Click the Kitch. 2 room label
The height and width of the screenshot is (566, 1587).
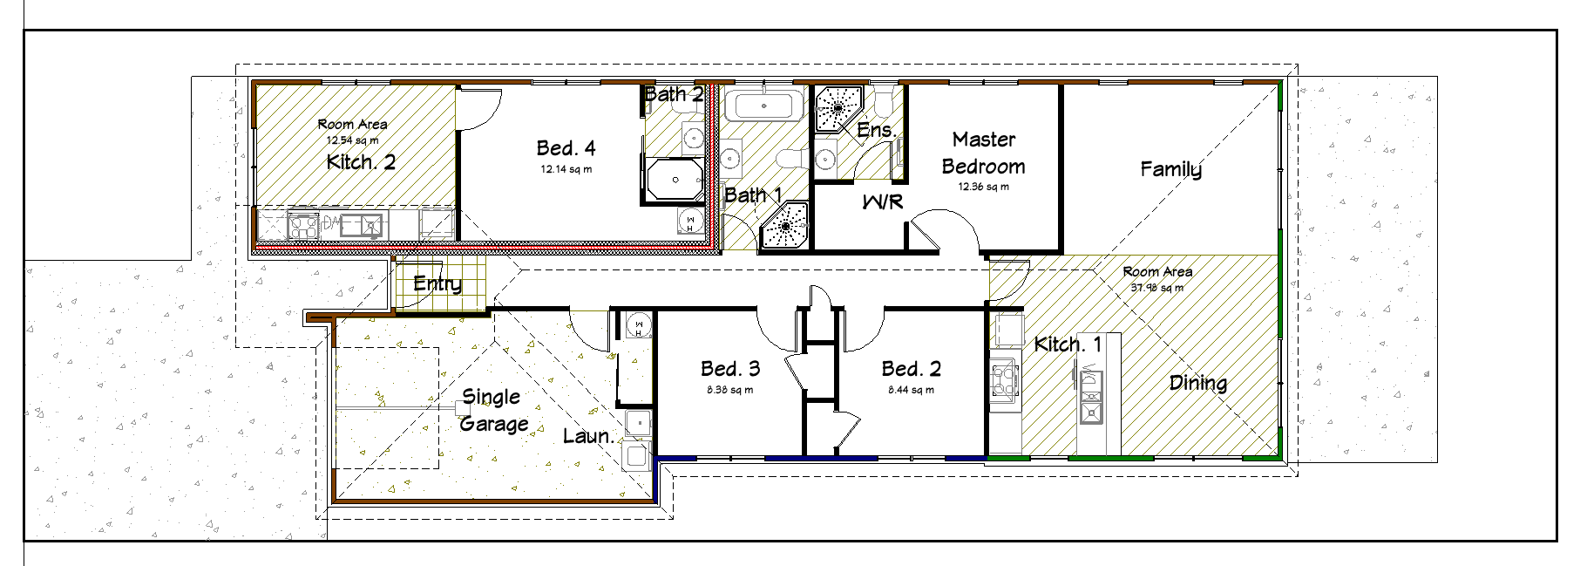(x=361, y=162)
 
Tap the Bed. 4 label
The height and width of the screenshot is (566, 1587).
(x=566, y=148)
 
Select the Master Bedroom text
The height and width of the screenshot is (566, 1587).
(x=984, y=153)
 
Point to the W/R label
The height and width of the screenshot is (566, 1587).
(x=882, y=202)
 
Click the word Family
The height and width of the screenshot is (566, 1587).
(x=1171, y=169)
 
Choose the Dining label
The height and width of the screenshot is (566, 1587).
(x=1198, y=383)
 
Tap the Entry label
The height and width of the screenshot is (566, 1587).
(x=437, y=284)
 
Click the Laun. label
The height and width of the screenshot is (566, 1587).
(x=588, y=436)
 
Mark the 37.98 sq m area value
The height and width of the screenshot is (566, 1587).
(x=1157, y=288)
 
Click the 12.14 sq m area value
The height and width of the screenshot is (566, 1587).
(x=566, y=169)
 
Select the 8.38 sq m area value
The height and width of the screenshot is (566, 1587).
(x=730, y=390)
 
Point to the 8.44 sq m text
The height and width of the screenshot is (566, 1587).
(x=911, y=390)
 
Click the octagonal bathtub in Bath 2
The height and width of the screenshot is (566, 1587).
(x=675, y=180)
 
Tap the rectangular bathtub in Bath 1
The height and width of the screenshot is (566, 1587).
(x=764, y=106)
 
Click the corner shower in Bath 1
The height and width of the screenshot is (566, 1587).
(x=784, y=227)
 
